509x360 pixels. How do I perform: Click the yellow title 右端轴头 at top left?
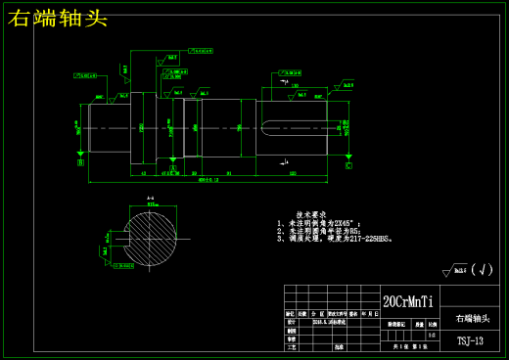(58, 18)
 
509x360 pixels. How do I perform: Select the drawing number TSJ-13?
(470, 341)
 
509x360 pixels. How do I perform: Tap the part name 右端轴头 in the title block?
(470, 319)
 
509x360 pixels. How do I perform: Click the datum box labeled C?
(347, 166)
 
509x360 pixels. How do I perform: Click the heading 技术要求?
(311, 214)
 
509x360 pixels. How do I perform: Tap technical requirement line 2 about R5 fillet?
(319, 230)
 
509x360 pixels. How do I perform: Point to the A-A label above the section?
(151, 199)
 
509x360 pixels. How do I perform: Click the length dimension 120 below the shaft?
(294, 174)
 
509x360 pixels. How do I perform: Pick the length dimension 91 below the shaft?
(229, 174)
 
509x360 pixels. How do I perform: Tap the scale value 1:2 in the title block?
(433, 334)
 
